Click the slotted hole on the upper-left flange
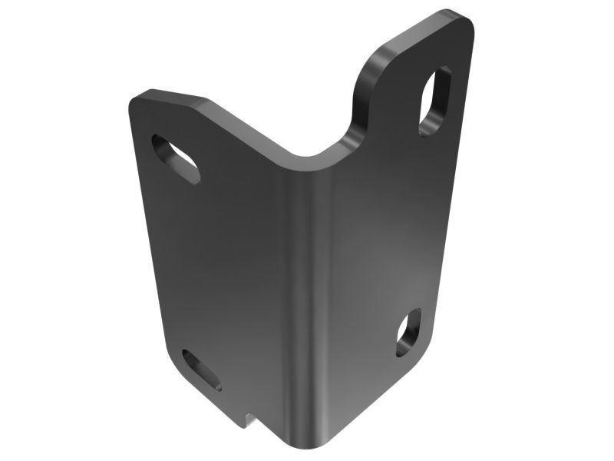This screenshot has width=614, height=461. click(x=176, y=158)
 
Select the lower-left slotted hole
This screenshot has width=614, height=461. click(x=202, y=369)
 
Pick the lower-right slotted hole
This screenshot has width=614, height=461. click(x=408, y=332)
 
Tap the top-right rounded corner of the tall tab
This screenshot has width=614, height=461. click(x=464, y=20)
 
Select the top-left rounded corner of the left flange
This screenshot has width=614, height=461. click(x=139, y=99)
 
